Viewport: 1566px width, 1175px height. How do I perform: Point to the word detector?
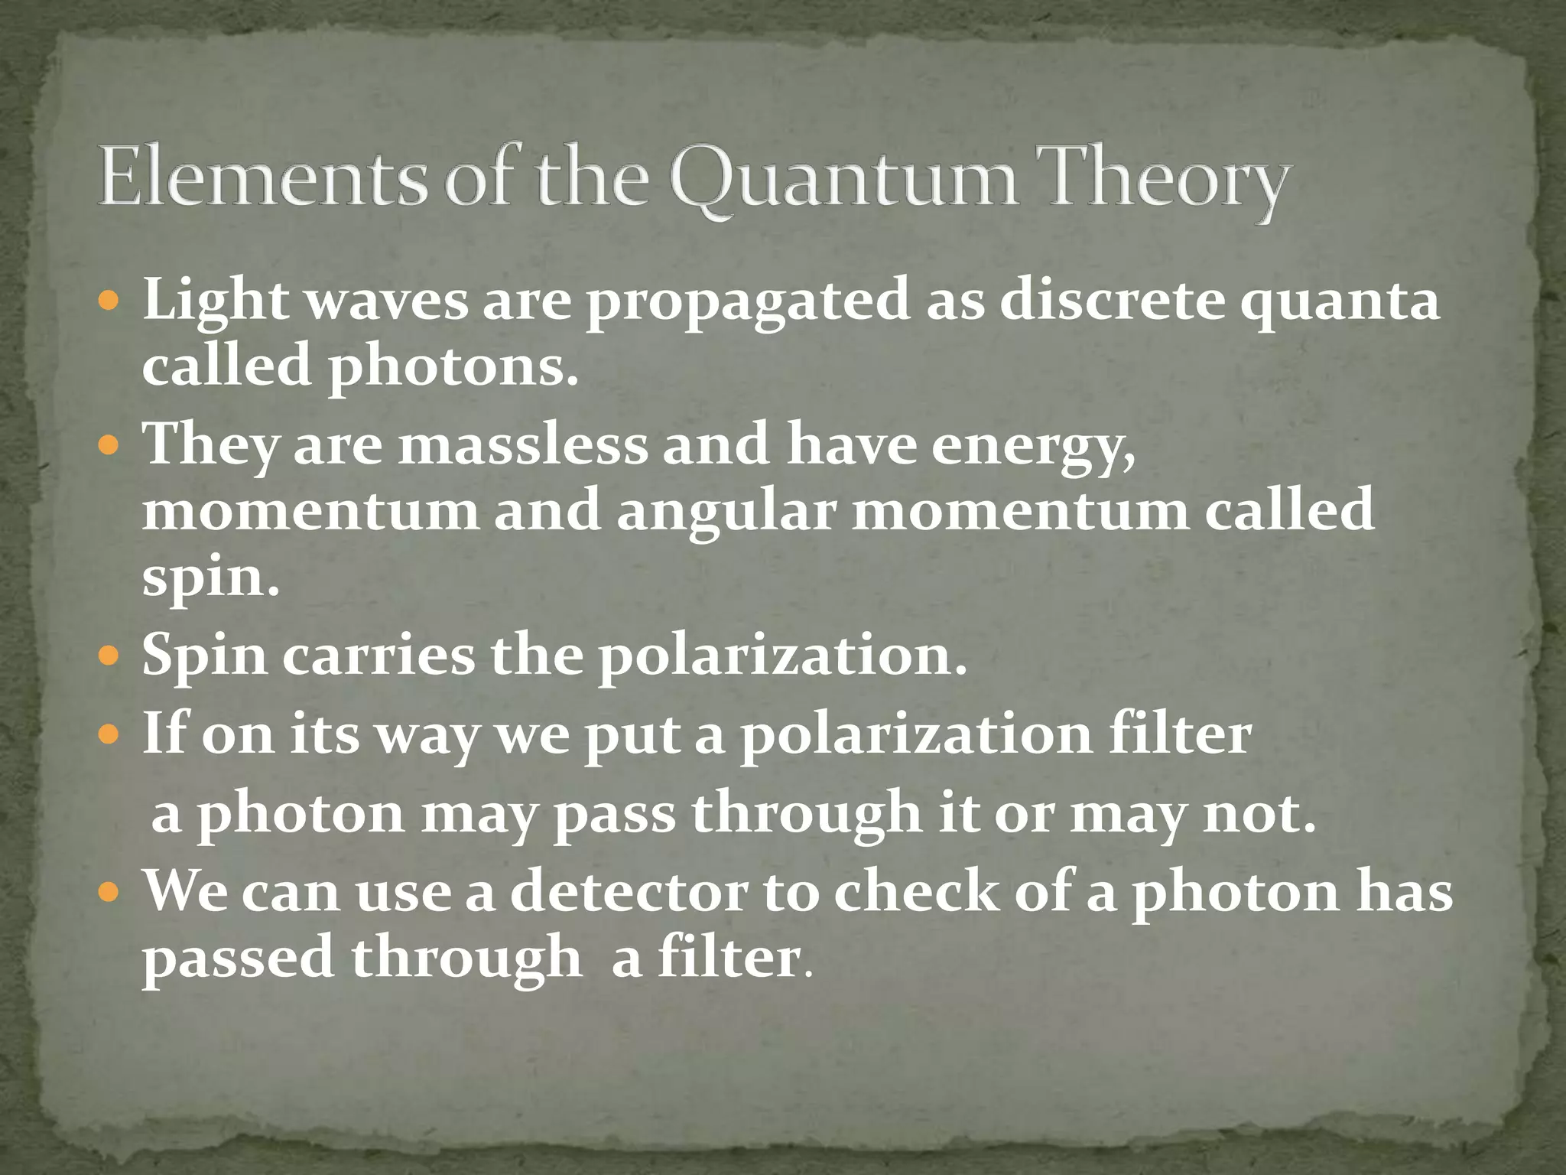[x=628, y=892]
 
